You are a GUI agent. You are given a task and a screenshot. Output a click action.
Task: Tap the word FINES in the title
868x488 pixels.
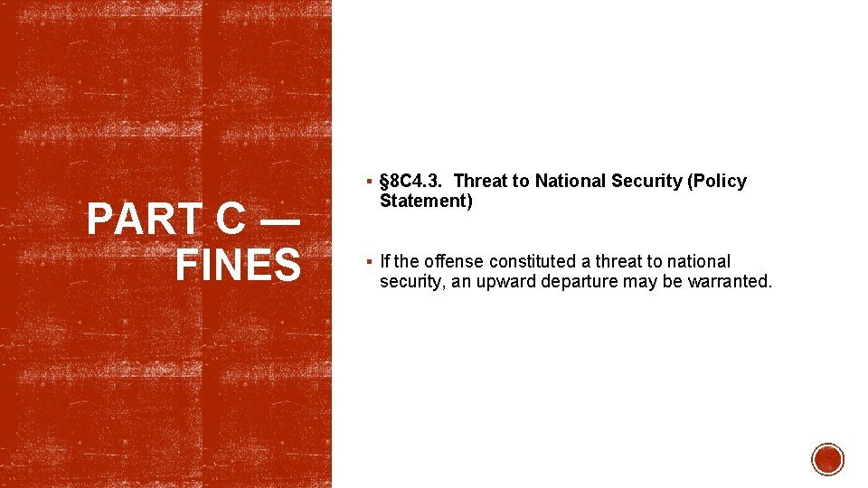pyautogui.click(x=238, y=266)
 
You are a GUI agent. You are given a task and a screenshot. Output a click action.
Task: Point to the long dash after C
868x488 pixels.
pyautogui.click(x=283, y=222)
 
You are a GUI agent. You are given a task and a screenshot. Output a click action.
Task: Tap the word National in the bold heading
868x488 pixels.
pyautogui.click(x=571, y=182)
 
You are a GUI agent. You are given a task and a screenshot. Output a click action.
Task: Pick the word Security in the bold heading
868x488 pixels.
pyautogui.click(x=646, y=182)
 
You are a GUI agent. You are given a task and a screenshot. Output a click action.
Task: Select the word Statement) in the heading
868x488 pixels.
pyautogui.click(x=426, y=202)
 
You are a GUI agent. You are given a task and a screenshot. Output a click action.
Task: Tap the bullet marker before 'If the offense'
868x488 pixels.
pyautogui.click(x=372, y=262)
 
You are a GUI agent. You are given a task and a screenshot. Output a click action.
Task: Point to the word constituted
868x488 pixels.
pyautogui.click(x=532, y=262)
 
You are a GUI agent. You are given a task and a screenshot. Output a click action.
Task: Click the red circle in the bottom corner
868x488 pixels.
pyautogui.click(x=827, y=459)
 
